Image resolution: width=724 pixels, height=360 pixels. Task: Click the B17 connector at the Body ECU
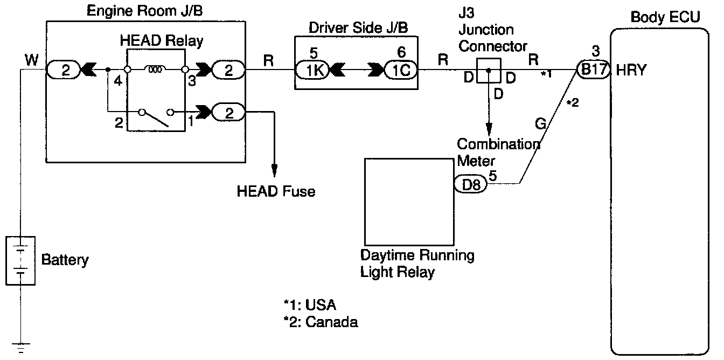(594, 70)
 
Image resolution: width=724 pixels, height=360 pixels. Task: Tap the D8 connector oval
(471, 184)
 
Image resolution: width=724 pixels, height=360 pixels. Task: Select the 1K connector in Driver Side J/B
(312, 70)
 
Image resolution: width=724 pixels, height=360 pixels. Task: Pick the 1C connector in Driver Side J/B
(401, 70)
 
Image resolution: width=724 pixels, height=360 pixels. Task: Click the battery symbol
(20, 261)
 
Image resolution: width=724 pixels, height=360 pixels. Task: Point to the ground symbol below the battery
(21, 348)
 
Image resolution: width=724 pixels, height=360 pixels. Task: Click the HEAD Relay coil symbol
(155, 69)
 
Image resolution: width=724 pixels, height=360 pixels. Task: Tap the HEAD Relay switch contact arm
(155, 119)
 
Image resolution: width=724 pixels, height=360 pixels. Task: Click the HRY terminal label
(631, 70)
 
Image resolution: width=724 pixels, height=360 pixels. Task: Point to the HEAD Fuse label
(276, 191)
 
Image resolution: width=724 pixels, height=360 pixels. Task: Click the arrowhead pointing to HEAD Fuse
(274, 170)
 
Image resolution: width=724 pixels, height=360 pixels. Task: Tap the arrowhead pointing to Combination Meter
(489, 129)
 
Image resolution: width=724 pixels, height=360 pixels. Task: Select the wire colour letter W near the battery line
(31, 60)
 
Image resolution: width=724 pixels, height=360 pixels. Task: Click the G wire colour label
(540, 123)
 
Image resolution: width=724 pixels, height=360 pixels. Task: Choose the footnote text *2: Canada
(321, 322)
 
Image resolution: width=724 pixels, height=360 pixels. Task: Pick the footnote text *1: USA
(310, 304)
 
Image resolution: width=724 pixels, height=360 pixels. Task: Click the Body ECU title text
(665, 17)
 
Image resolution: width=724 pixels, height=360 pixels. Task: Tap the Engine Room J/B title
(145, 11)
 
